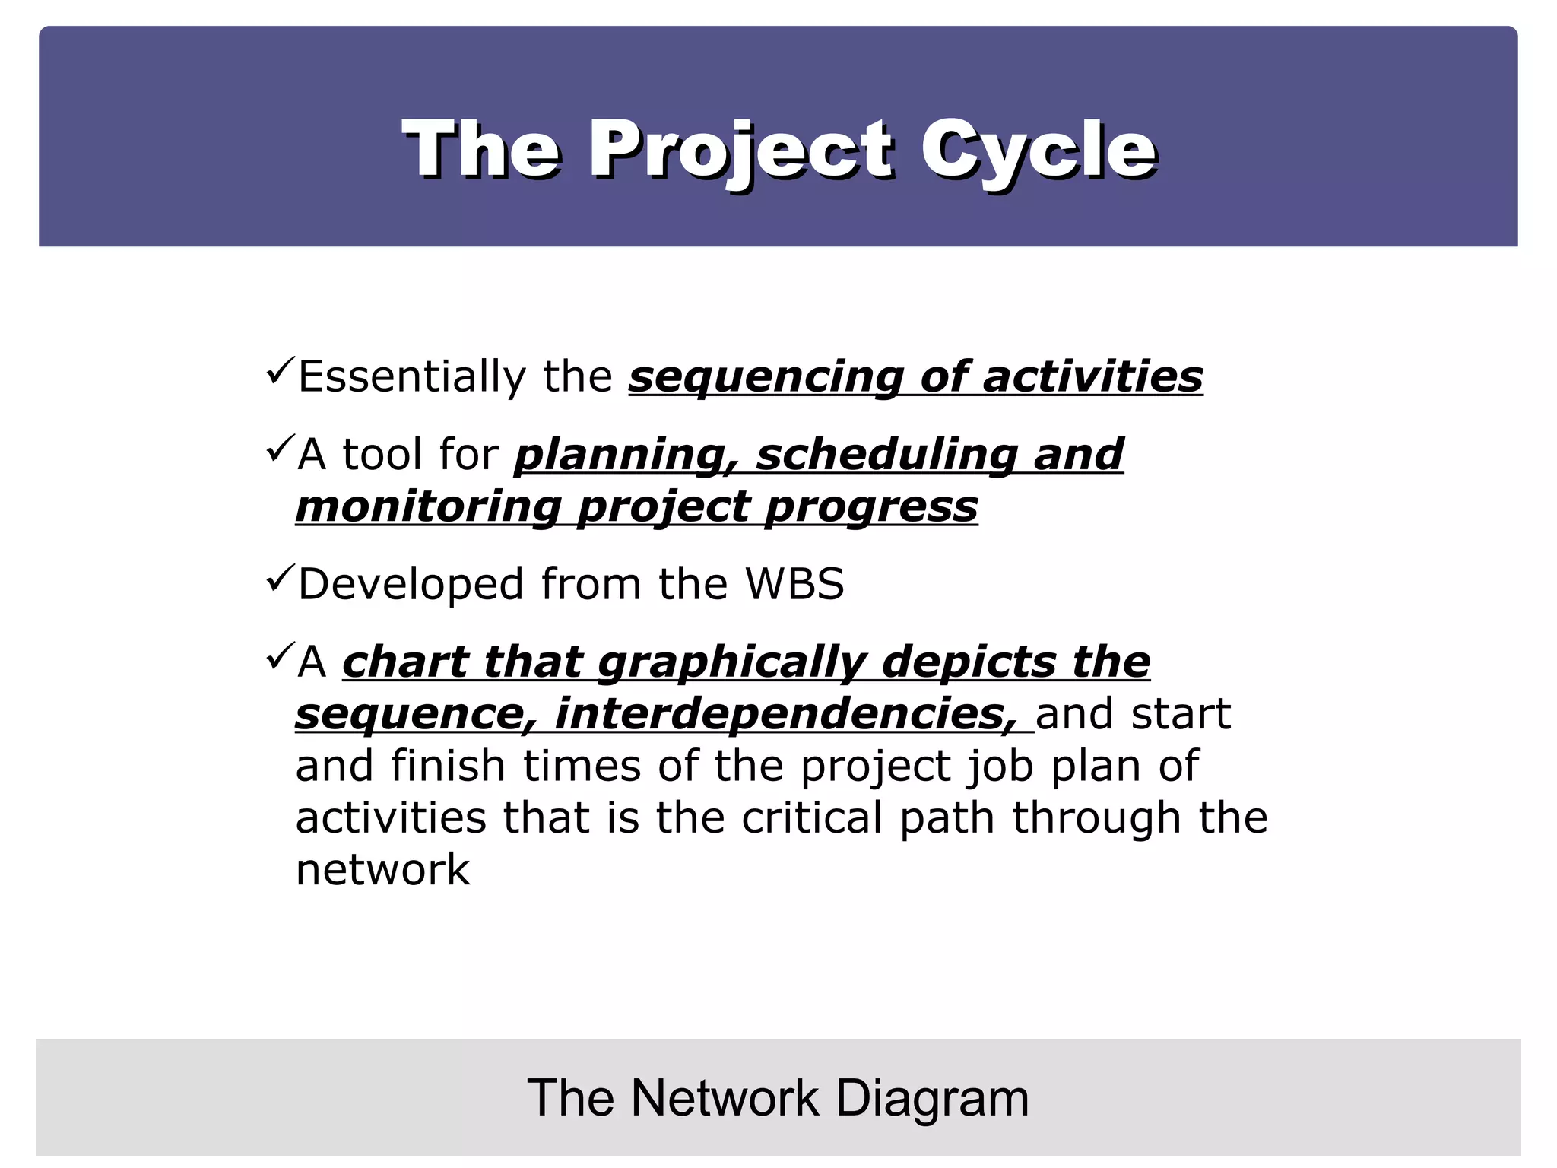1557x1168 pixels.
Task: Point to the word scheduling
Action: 886,455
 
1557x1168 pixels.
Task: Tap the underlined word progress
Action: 871,507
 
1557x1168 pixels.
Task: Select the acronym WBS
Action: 794,584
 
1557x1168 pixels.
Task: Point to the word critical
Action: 811,818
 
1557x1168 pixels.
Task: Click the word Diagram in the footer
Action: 932,1098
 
